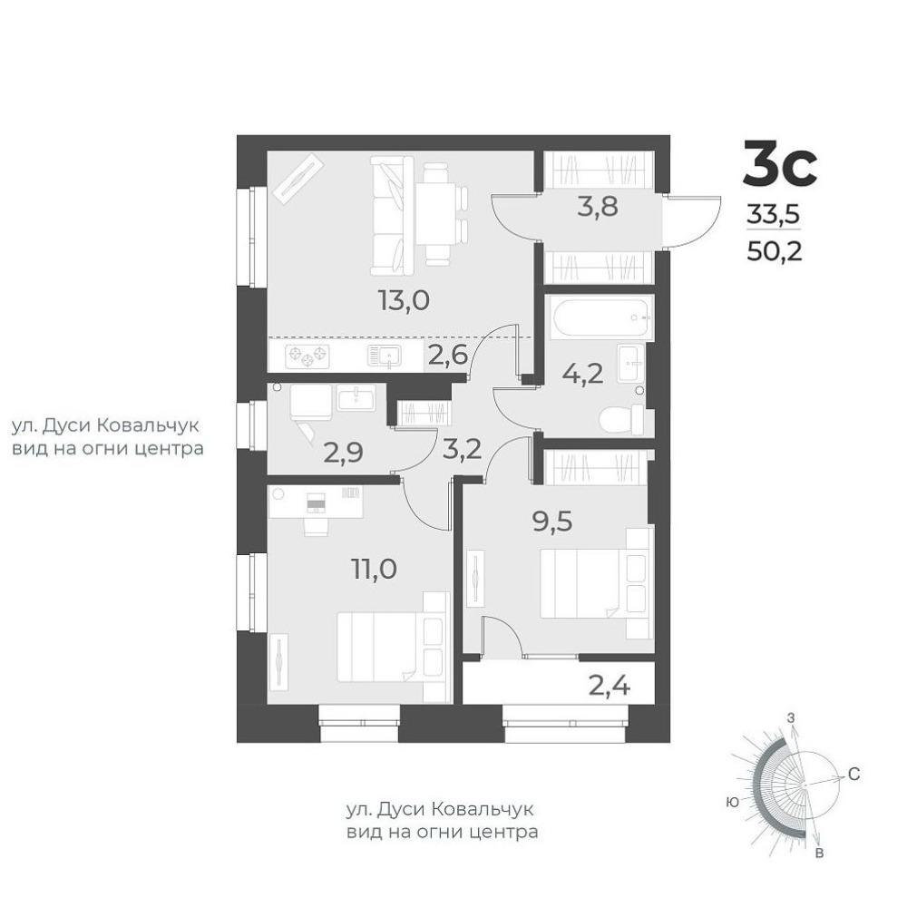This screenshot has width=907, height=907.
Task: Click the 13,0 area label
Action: (404, 300)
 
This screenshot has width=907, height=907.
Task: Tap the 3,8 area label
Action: (598, 206)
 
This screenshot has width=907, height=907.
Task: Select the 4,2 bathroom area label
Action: (583, 374)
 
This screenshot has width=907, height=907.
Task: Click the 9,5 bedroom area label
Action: (552, 522)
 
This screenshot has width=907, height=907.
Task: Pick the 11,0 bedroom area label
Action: (375, 569)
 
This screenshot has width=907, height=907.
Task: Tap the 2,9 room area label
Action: (344, 453)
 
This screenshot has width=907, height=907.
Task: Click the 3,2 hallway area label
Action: (462, 449)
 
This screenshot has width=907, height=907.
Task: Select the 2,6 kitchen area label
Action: (448, 354)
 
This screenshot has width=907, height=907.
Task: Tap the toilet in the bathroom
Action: (621, 419)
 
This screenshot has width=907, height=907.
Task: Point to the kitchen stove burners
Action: (307, 356)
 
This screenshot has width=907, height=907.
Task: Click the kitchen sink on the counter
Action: (384, 356)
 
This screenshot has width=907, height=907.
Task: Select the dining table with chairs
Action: (442, 213)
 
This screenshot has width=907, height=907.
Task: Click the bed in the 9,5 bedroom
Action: (596, 583)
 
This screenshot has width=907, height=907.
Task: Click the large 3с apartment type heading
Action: (780, 163)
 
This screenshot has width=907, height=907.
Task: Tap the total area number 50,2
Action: (775, 250)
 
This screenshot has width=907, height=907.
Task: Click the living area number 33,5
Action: (774, 214)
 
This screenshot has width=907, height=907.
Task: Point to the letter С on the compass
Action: (853, 774)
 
